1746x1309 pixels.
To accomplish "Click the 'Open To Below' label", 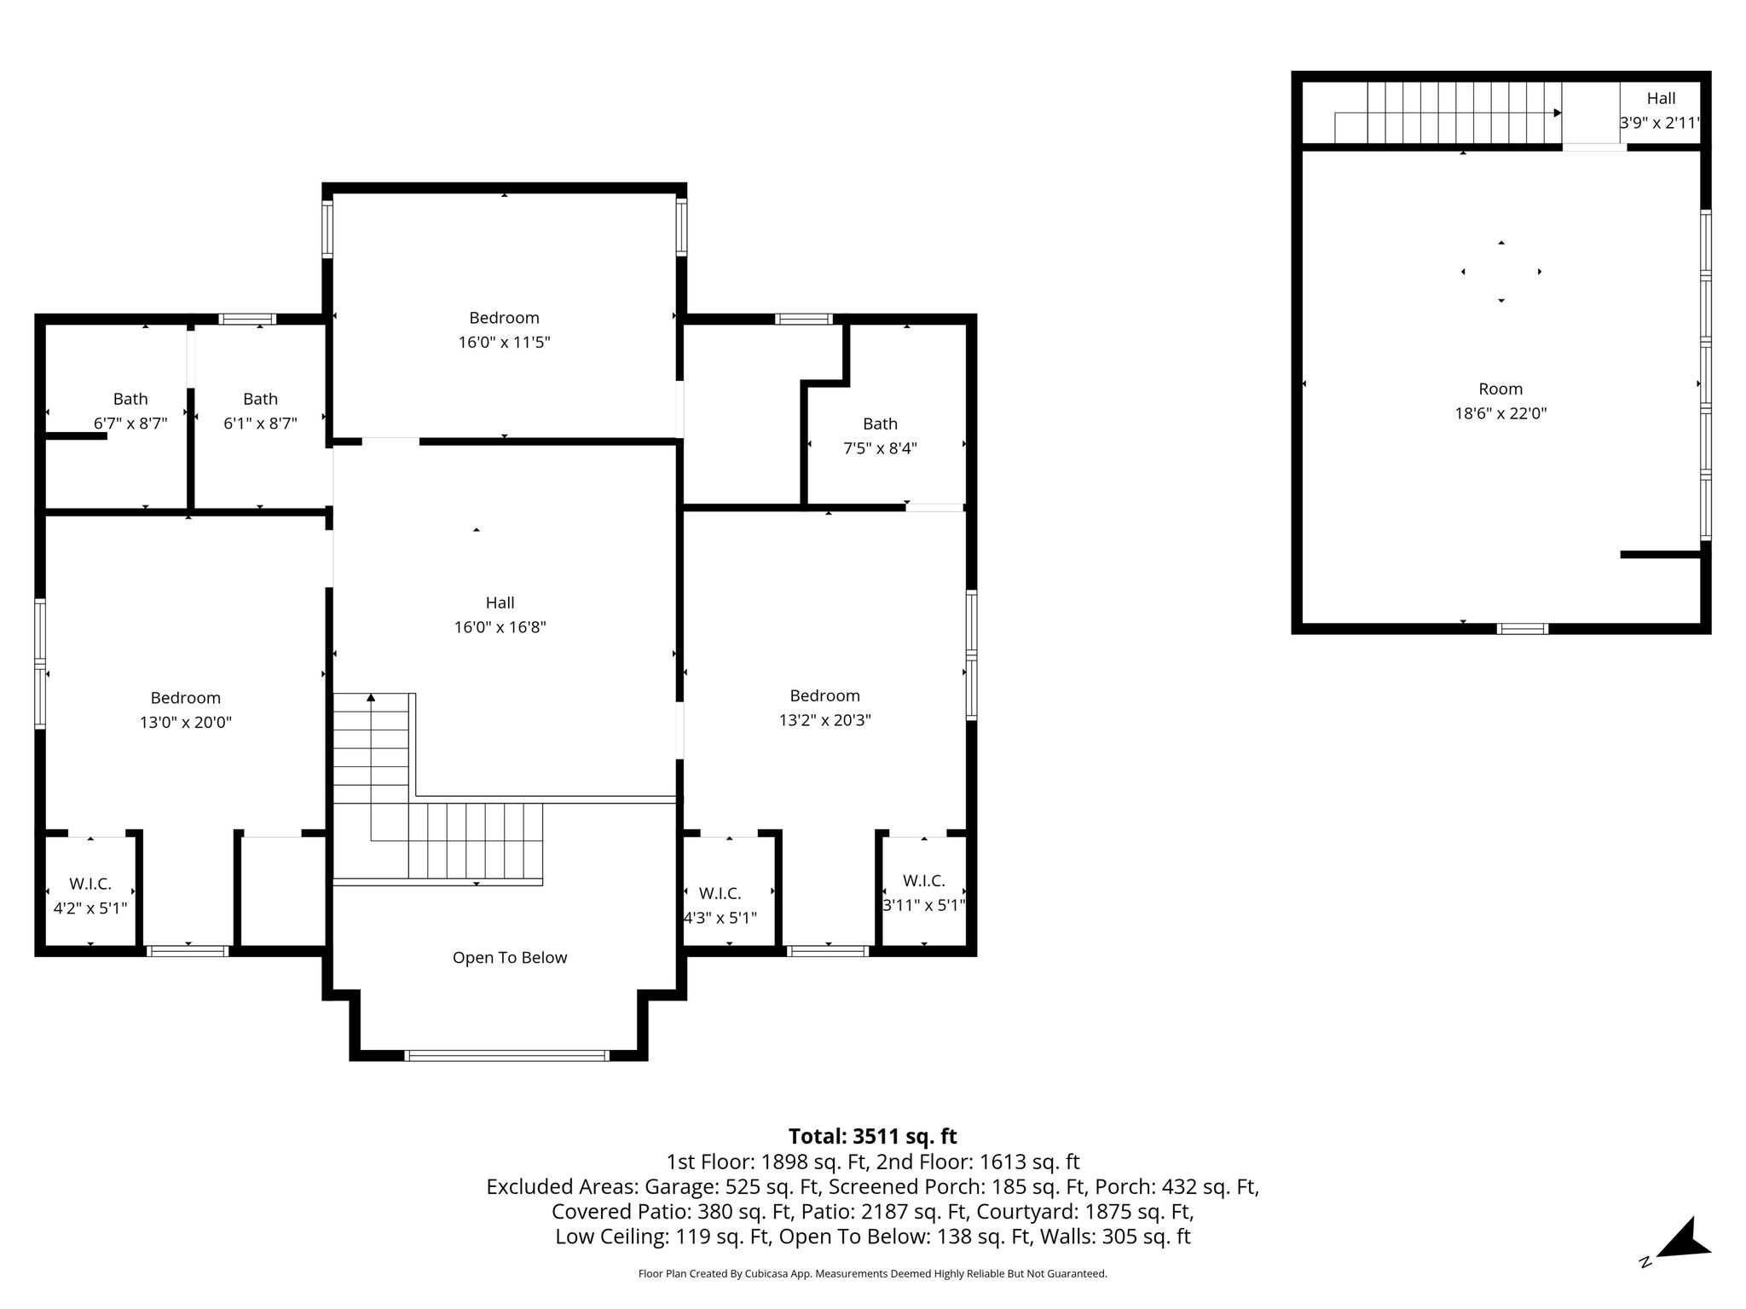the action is [510, 958].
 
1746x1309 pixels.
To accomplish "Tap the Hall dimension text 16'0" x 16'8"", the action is [500, 628].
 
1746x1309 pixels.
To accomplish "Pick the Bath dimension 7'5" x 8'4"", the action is [881, 448].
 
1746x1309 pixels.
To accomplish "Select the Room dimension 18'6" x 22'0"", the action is [1500, 414].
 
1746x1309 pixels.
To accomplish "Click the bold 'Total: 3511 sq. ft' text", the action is [873, 1137].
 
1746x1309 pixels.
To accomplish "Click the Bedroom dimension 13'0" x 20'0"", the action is [186, 723].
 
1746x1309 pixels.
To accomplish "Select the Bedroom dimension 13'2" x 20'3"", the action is [825, 720].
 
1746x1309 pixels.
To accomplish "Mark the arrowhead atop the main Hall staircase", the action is [371, 698].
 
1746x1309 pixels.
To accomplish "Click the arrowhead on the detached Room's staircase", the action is [1558, 112].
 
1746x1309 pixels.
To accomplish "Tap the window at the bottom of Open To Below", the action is [506, 1056].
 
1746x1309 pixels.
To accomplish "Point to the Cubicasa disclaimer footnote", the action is [873, 1274].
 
